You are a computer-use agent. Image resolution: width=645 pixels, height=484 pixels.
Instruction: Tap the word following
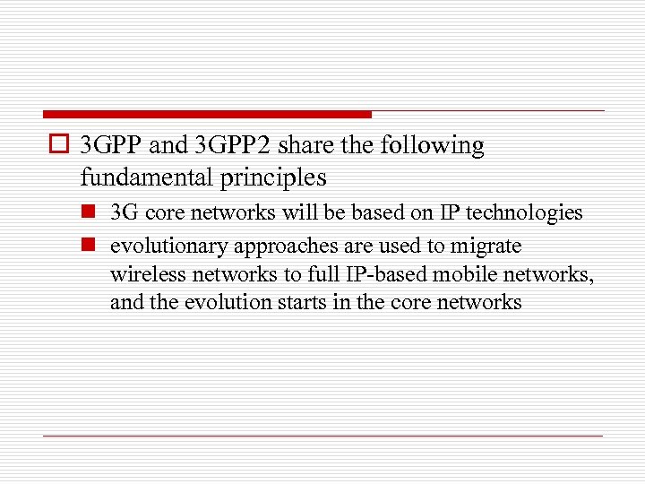point(432,146)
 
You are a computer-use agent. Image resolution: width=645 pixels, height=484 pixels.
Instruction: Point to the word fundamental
point(143,177)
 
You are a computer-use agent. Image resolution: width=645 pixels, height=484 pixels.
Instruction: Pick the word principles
point(270,177)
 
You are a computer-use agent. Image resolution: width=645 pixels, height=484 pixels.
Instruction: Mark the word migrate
point(486,246)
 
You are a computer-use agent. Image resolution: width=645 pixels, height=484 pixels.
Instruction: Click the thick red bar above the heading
point(207,114)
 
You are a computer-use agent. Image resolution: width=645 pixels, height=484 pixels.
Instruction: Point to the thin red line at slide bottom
point(322,436)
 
